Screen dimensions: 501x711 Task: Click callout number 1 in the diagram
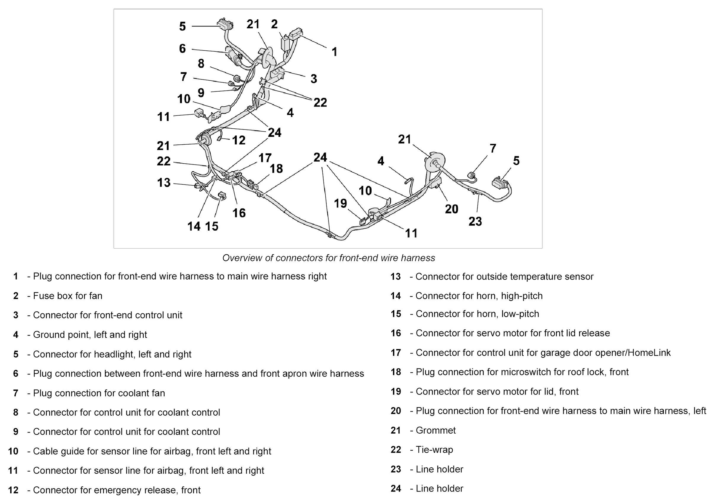click(x=334, y=52)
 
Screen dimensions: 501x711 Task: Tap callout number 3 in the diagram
click(x=314, y=79)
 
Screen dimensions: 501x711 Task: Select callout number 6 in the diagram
click(x=182, y=49)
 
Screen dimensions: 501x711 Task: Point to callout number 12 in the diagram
click(x=238, y=140)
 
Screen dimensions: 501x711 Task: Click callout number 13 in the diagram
click(x=164, y=183)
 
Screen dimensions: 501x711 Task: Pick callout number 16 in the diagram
click(x=239, y=213)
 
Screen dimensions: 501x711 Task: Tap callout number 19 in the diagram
click(x=340, y=204)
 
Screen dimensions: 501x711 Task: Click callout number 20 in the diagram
click(x=451, y=209)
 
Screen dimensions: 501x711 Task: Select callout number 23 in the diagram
click(x=475, y=221)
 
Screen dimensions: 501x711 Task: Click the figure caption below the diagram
click(x=329, y=258)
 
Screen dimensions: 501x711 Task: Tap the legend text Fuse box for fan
click(x=68, y=296)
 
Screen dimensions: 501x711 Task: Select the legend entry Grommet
click(x=435, y=430)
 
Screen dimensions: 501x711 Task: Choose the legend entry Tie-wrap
click(x=434, y=450)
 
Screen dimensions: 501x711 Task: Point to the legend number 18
click(x=396, y=372)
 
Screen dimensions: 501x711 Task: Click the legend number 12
click(x=13, y=490)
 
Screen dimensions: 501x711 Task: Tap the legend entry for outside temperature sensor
click(x=504, y=276)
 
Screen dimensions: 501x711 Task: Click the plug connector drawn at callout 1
click(x=296, y=33)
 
